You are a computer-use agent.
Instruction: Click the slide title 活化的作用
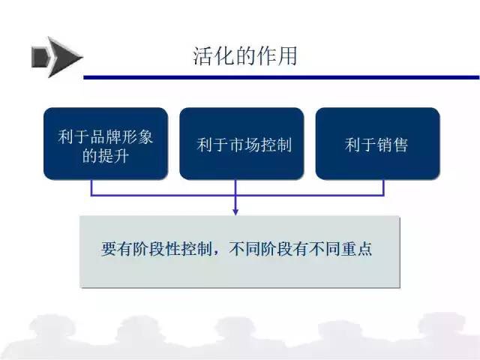coord(245,56)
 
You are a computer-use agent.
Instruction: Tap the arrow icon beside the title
coord(57,57)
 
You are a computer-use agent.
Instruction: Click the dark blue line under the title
coord(281,77)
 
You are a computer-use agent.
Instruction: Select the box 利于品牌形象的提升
coord(106,143)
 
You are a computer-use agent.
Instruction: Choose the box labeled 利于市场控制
coord(241,143)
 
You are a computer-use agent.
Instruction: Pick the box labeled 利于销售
coord(377,143)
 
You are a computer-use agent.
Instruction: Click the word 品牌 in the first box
coord(105,136)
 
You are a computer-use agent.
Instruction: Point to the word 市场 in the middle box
coord(244,145)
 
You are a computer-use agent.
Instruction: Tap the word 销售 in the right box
coord(392,145)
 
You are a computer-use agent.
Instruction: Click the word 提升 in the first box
coord(113,156)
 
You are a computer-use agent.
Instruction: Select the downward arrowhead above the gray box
coord(235,212)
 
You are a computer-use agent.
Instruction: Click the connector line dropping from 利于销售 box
coord(383,187)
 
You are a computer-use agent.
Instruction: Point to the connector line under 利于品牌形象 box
coord(91,187)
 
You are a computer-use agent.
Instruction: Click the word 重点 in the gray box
coord(357,248)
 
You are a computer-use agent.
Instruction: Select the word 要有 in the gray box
coord(117,248)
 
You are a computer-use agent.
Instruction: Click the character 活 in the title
coord(203,56)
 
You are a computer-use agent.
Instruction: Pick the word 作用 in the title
coord(277,56)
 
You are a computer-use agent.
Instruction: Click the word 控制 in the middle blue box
coord(276,145)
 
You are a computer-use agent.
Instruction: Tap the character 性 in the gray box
coord(172,248)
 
